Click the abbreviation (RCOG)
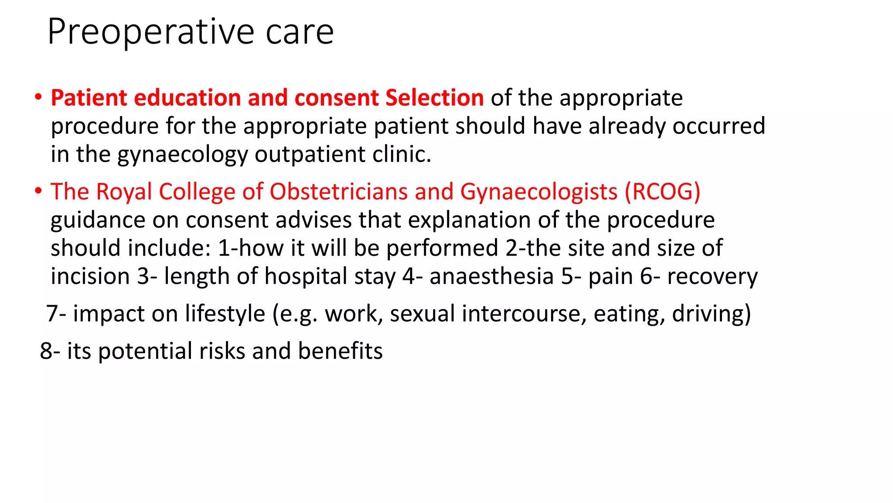pyautogui.click(x=662, y=192)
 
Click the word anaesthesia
pyautogui.click(x=491, y=276)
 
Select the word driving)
pyautogui.click(x=711, y=314)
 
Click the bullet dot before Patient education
pyautogui.click(x=39, y=97)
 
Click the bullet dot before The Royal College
pyautogui.click(x=39, y=191)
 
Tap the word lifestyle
pyautogui.click(x=225, y=314)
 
